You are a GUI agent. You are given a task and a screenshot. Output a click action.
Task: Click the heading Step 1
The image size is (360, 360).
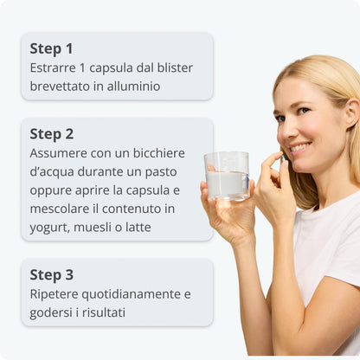(51, 48)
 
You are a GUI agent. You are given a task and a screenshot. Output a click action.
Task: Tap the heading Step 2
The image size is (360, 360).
(52, 134)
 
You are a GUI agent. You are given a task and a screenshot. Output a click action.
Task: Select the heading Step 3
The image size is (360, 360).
(52, 275)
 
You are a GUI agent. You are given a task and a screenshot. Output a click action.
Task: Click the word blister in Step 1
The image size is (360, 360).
(175, 68)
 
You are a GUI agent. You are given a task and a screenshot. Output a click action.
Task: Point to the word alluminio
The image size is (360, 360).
(133, 87)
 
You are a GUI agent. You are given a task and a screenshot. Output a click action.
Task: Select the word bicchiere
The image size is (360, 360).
(159, 153)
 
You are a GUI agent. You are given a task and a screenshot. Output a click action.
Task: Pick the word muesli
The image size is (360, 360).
(93, 228)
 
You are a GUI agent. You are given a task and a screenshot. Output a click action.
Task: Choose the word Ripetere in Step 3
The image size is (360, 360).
(54, 295)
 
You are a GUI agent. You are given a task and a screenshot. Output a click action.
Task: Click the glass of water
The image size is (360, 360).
(227, 177)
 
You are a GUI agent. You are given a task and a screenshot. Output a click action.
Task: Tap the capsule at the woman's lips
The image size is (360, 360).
(283, 157)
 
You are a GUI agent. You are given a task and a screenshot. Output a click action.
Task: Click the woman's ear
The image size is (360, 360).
(352, 112)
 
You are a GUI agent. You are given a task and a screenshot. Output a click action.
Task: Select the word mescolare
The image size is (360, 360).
(60, 209)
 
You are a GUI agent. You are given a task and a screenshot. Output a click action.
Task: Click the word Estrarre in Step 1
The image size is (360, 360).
(53, 68)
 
